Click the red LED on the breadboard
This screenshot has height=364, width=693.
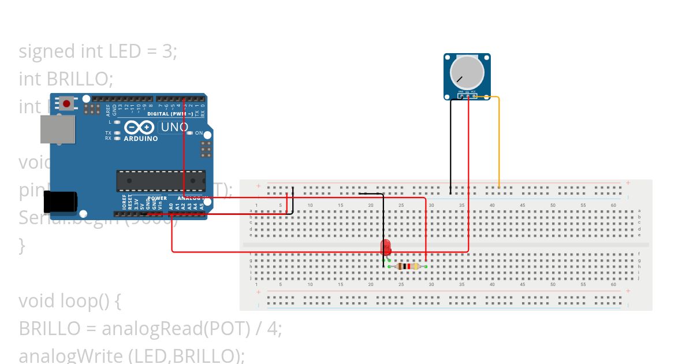tap(386, 248)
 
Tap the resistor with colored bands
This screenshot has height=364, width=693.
tap(408, 266)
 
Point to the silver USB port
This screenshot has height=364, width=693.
tap(57, 129)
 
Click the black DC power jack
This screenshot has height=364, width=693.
tap(60, 201)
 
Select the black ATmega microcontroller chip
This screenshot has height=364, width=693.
tap(160, 180)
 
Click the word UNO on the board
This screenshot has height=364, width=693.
tap(174, 127)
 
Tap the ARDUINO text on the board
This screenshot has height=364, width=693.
tap(140, 139)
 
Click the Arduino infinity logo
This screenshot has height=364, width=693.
tap(139, 127)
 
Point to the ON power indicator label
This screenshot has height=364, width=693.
tap(199, 133)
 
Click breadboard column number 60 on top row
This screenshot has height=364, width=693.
tap(613, 205)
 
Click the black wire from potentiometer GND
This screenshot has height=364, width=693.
tap(450, 144)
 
